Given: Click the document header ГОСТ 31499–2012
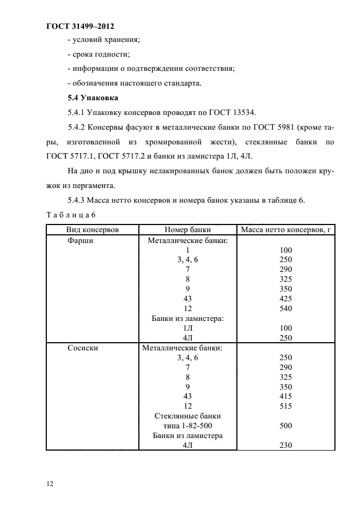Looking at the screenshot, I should (x=80, y=26).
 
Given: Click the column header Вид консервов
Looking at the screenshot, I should (x=93, y=230).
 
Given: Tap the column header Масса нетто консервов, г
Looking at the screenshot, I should (x=285, y=230).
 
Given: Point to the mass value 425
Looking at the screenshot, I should (x=285, y=299).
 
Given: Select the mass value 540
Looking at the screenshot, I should (x=285, y=308).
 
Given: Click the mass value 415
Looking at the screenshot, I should (x=285, y=397).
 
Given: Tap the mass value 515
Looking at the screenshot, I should (x=285, y=406).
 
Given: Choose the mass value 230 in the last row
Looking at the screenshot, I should (x=285, y=445).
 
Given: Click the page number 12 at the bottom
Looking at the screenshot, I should (x=50, y=483).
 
